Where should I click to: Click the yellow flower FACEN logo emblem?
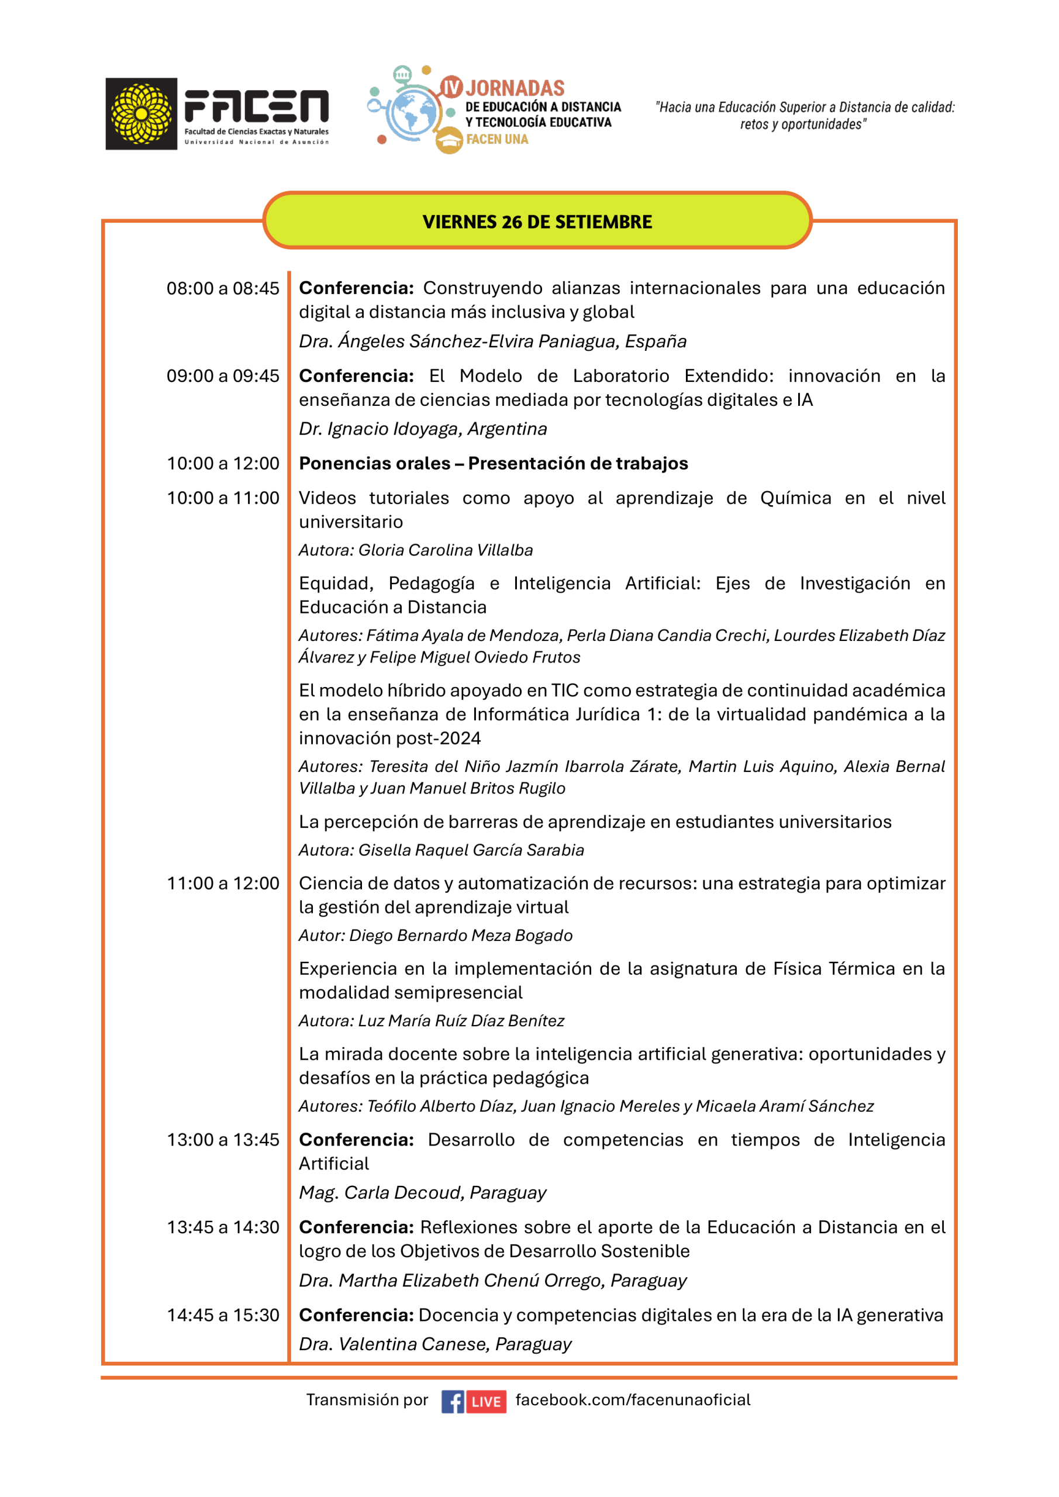coord(141,114)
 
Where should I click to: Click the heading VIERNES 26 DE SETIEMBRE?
coord(537,222)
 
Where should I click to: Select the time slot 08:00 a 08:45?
coord(222,288)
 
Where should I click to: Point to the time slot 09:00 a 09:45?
coord(222,376)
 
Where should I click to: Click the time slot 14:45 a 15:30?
coord(222,1315)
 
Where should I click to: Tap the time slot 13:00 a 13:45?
coord(222,1140)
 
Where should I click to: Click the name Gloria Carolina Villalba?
coord(446,550)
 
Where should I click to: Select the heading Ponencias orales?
coord(374,464)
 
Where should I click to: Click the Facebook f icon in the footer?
coord(453,1401)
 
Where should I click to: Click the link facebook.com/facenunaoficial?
coord(633,1400)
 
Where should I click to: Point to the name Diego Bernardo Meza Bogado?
coord(460,936)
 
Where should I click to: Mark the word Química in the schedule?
coord(795,498)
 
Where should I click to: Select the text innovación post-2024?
coord(390,738)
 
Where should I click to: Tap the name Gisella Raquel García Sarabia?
coord(471,850)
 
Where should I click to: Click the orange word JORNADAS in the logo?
coord(515,88)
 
